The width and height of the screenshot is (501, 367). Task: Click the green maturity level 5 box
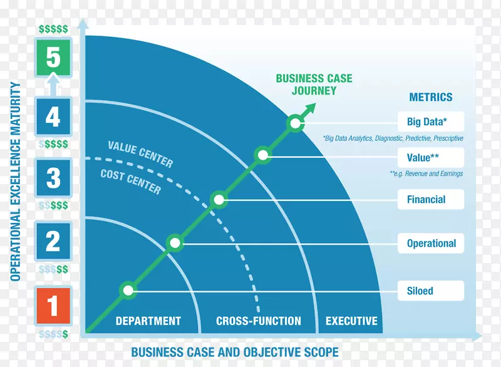click(x=53, y=58)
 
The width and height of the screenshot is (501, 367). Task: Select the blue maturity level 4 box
click(x=53, y=116)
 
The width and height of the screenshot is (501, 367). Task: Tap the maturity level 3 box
click(x=53, y=177)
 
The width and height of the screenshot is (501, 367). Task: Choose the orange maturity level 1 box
click(x=53, y=306)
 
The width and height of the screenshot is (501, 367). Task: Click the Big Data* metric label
click(x=431, y=121)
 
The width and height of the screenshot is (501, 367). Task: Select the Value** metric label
click(x=431, y=158)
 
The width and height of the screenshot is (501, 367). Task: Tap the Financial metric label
click(x=431, y=200)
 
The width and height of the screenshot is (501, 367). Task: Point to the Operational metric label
click(x=431, y=243)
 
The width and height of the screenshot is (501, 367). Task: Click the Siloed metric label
click(x=431, y=291)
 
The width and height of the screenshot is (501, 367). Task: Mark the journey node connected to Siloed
click(x=128, y=290)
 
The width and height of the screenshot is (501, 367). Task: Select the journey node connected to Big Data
click(x=294, y=123)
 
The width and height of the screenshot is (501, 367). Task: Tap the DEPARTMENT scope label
click(x=148, y=321)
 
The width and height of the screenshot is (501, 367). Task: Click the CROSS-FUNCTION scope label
click(x=258, y=321)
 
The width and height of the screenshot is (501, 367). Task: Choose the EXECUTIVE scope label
click(x=351, y=321)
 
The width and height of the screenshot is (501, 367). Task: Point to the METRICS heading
click(x=430, y=97)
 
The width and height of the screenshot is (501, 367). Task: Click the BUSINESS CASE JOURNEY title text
click(x=314, y=85)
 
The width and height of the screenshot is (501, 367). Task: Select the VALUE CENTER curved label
click(x=140, y=154)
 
